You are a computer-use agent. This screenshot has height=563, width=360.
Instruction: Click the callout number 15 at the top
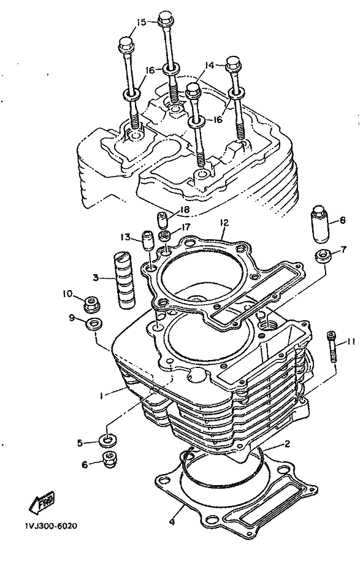pyautogui.click(x=142, y=22)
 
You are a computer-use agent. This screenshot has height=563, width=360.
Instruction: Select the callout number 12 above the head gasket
pyautogui.click(x=224, y=223)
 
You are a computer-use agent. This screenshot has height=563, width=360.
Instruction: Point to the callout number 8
pyautogui.click(x=342, y=220)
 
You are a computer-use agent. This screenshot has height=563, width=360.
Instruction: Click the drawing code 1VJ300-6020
pyautogui.click(x=51, y=526)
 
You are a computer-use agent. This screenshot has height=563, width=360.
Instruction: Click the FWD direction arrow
pyautogui.click(x=42, y=500)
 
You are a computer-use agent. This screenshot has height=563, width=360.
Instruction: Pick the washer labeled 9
pyautogui.click(x=93, y=323)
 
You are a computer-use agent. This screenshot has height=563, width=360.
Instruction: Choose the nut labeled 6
pyautogui.click(x=109, y=459)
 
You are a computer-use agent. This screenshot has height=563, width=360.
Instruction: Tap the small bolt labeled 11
pyautogui.click(x=332, y=348)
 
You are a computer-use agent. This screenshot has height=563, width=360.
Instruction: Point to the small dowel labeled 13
pyautogui.click(x=148, y=240)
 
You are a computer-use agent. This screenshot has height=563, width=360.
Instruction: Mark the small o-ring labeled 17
pyautogui.click(x=166, y=237)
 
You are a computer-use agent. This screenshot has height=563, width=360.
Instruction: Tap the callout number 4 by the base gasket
pyautogui.click(x=173, y=522)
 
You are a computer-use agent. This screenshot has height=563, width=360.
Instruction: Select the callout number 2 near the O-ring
pyautogui.click(x=287, y=444)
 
